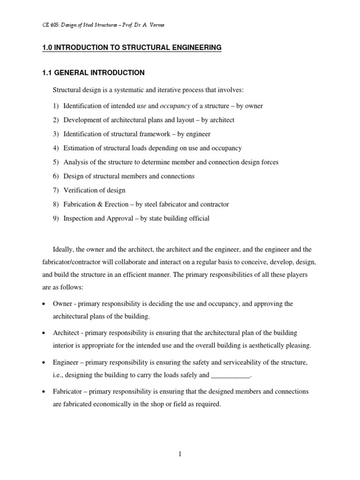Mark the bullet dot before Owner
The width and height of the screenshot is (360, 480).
[44, 304]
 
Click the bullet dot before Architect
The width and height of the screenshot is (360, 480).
[44, 333]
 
